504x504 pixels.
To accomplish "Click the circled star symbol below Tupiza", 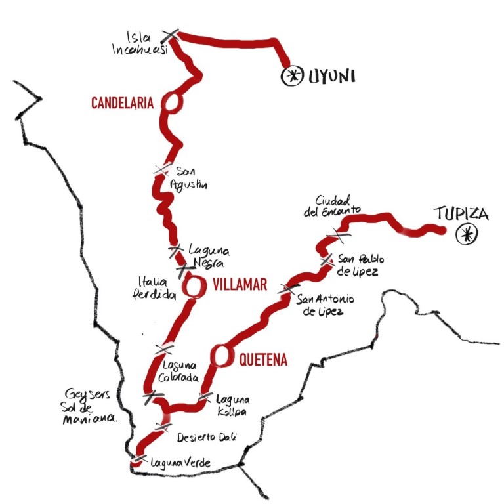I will pyautogui.click(x=467, y=233).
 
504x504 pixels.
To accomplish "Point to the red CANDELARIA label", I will pyautogui.click(x=123, y=103).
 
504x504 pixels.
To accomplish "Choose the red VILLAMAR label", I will pyautogui.click(x=239, y=285).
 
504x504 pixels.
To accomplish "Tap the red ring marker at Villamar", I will pyautogui.click(x=194, y=286).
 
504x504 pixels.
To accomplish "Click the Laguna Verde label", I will pyautogui.click(x=180, y=463).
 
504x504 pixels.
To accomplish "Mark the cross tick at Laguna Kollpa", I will pyautogui.click(x=205, y=398).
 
